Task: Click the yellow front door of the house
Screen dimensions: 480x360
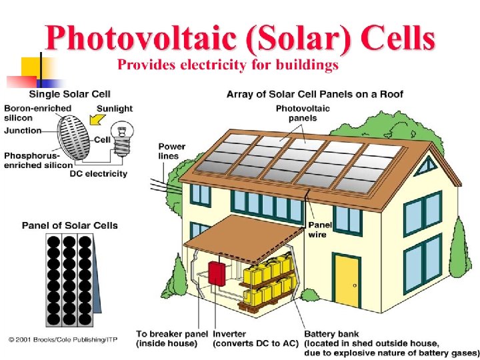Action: coord(347,278)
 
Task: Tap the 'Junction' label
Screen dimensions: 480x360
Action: coord(22,131)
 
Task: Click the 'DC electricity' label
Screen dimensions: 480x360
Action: coord(98,174)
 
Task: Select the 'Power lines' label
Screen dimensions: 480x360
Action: coord(172,151)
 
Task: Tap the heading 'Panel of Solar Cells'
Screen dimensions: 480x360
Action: coord(69,225)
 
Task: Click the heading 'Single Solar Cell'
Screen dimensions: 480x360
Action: coord(69,94)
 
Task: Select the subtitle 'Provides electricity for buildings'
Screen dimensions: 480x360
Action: coord(228,65)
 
